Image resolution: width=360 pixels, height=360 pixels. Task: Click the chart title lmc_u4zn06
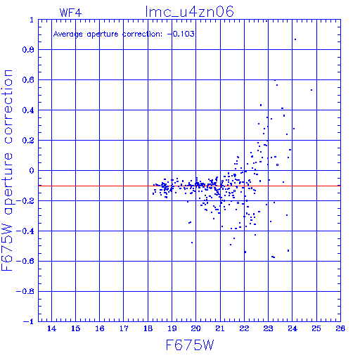(189, 12)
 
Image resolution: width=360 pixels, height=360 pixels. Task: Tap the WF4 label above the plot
(70, 13)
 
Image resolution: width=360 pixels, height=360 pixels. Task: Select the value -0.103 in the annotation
(181, 34)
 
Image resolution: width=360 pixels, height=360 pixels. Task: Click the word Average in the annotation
(68, 34)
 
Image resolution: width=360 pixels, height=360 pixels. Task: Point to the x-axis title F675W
(190, 345)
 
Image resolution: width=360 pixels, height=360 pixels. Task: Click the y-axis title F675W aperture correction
(7, 170)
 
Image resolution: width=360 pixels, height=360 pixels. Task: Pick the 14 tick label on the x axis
(51, 328)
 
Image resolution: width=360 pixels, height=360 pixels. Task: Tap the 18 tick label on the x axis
(148, 328)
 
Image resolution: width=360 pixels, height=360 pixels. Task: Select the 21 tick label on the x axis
(220, 328)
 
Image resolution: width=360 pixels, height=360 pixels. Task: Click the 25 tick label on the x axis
(316, 328)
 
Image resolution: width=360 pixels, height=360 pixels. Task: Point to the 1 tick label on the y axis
(32, 20)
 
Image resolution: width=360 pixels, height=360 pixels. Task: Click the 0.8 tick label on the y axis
(28, 50)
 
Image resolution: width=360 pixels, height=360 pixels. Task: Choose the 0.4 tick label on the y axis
(28, 110)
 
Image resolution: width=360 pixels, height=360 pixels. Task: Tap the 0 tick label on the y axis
(32, 171)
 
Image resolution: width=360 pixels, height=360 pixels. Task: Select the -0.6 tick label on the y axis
(25, 261)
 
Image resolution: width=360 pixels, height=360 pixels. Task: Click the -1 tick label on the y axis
(29, 321)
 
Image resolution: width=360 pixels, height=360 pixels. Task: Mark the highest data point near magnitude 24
(295, 39)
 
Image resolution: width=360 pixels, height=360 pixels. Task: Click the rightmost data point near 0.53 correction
(311, 90)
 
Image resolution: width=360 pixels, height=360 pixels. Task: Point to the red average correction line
(189, 186)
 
